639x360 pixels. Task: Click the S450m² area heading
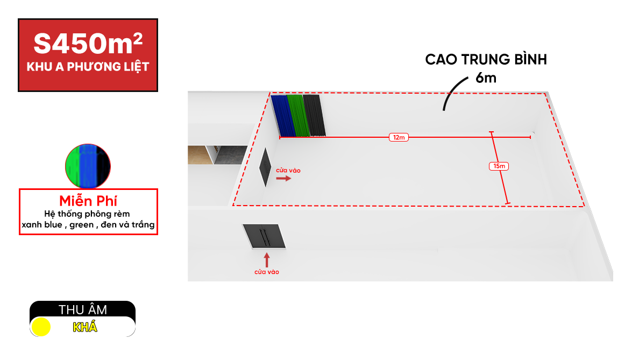point(88,43)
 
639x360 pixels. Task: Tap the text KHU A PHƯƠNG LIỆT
point(88,66)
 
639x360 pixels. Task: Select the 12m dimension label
point(399,137)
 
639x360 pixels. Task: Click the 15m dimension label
point(499,166)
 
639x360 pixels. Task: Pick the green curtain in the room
point(299,115)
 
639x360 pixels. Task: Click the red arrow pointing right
point(283,178)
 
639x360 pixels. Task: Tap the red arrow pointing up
point(267,260)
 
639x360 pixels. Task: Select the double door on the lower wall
point(264,236)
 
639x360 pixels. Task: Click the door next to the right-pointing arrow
point(265,167)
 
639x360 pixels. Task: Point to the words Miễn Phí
point(88,201)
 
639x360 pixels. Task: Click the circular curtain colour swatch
point(88,166)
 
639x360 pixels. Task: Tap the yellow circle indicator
point(41,327)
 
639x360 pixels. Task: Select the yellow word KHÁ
point(85,327)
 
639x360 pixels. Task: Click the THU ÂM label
point(83,310)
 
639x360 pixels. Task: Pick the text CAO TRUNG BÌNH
point(486,60)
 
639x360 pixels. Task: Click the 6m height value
point(486,78)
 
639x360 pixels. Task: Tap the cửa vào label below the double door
point(267,272)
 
